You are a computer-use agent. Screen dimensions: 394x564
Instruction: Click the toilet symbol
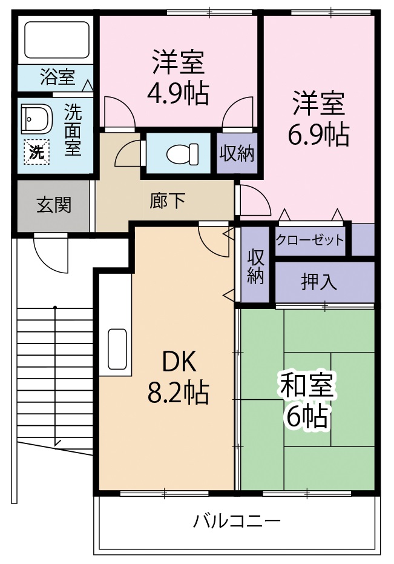click(182, 154)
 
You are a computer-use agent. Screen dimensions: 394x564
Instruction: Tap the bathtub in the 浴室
click(56, 39)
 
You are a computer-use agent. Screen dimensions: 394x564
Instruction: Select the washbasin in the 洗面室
click(37, 119)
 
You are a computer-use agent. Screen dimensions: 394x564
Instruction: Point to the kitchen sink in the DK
click(117, 350)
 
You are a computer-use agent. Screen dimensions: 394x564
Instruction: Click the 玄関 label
click(54, 205)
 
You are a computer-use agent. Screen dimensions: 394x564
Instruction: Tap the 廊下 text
click(168, 201)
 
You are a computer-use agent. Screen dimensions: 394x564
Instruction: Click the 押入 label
click(319, 282)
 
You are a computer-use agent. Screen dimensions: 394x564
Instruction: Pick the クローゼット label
click(310, 239)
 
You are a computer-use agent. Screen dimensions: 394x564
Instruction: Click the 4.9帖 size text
click(178, 93)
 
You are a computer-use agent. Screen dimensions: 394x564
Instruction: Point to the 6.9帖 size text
click(318, 134)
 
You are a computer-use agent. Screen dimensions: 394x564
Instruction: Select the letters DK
click(179, 362)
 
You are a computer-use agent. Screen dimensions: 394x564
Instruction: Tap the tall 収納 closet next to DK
click(255, 265)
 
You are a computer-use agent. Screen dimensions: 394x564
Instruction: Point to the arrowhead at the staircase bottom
click(57, 443)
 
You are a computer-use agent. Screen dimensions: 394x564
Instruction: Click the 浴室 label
click(57, 76)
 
